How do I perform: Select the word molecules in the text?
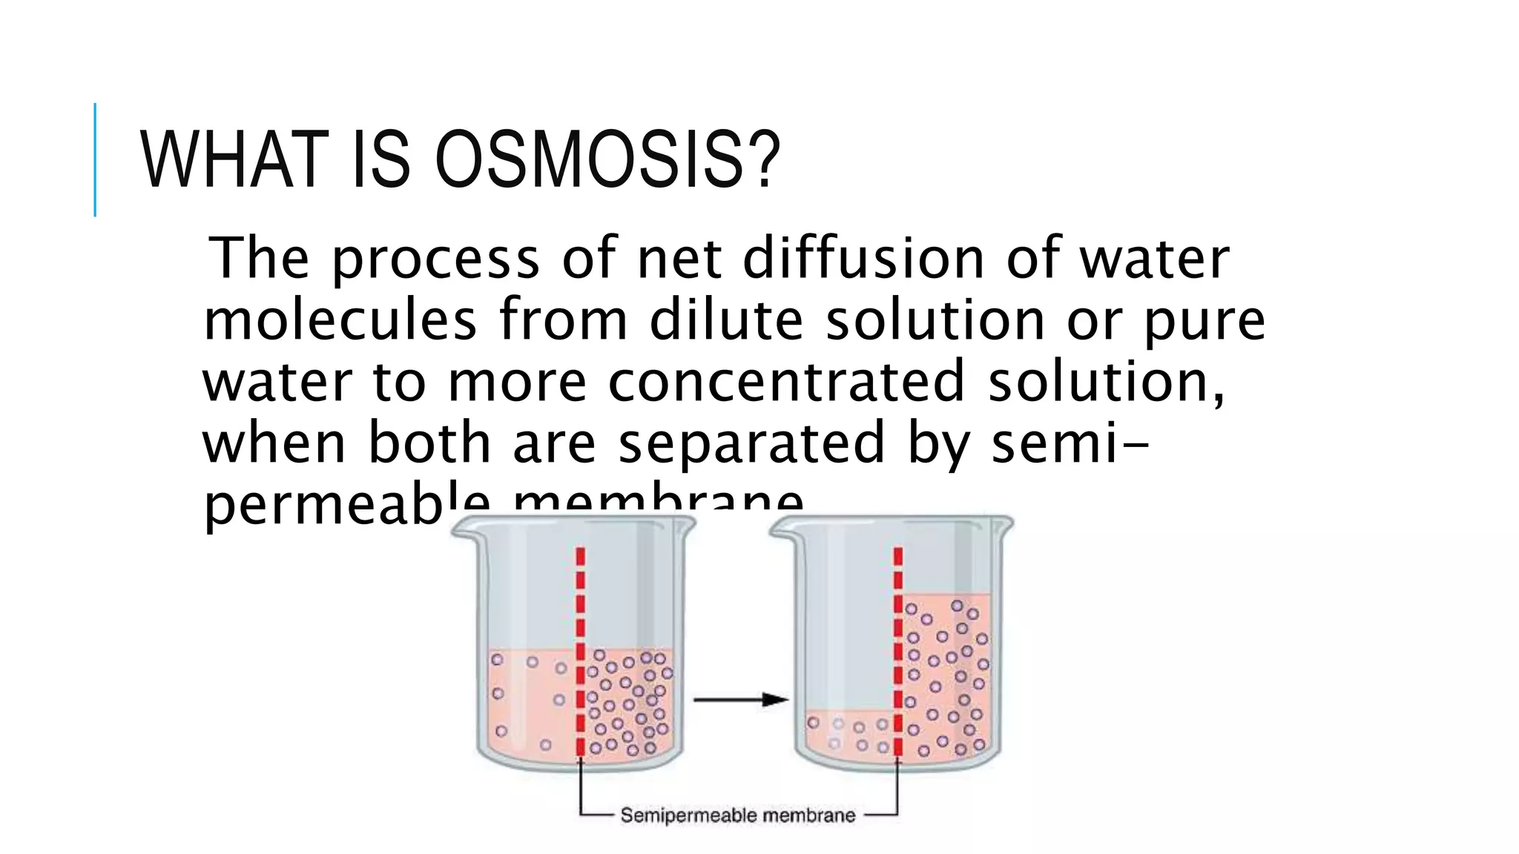click(340, 320)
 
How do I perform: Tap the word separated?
click(751, 443)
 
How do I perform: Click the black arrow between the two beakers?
click(739, 699)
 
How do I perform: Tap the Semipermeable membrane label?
click(738, 815)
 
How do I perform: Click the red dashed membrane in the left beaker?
click(581, 652)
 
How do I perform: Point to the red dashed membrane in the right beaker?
click(898, 652)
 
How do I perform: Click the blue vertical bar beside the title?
click(95, 159)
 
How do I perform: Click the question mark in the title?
click(760, 159)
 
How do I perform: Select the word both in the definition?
click(429, 443)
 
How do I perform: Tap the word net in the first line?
click(679, 259)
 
